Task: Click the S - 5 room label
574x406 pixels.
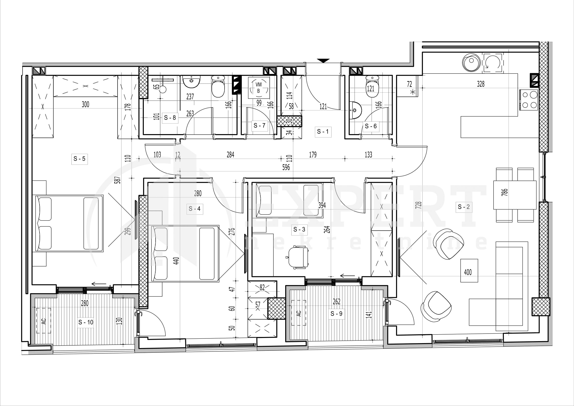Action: pos(80,159)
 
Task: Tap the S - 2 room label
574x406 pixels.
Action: pos(464,207)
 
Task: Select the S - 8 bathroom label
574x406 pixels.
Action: pos(170,118)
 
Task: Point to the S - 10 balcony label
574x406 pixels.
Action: pos(86,322)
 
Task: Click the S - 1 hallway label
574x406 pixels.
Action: pos(323,132)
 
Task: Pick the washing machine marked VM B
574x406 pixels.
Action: pos(259,88)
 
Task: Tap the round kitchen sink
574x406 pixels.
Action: pos(471,63)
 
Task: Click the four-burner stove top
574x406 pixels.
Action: pos(529,100)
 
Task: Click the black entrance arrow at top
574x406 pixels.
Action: pos(323,61)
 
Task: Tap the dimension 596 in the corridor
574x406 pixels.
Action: pos(286,167)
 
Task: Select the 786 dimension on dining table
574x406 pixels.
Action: pos(505,192)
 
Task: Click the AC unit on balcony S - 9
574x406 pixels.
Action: pos(298,313)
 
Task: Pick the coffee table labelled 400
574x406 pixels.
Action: pos(469,271)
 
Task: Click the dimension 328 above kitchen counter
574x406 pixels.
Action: pos(481,84)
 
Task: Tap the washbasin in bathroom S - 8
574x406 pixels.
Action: pos(191,81)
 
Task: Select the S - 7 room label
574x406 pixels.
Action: pos(259,125)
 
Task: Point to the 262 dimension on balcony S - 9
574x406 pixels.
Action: pos(336,301)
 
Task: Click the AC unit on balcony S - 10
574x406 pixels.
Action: pos(43,321)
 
